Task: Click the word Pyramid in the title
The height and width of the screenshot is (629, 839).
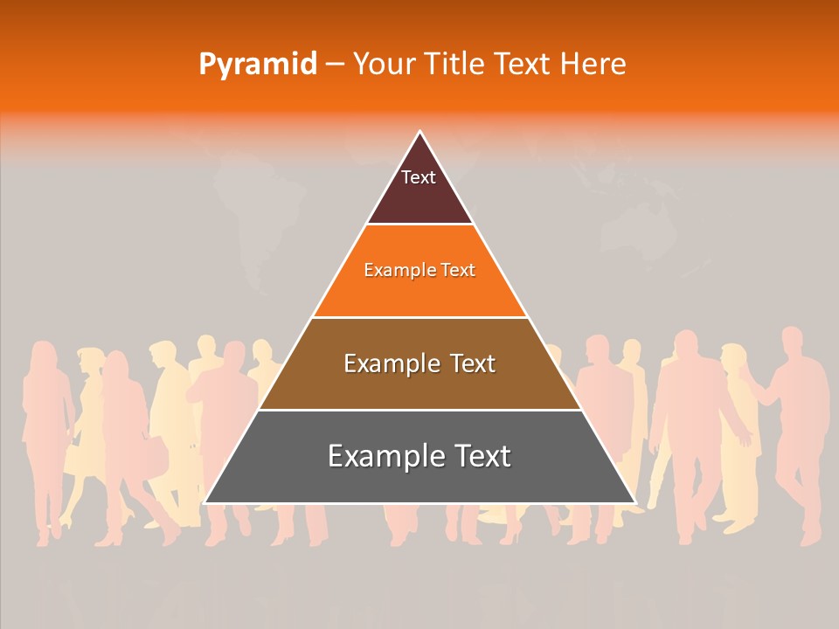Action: coord(257,65)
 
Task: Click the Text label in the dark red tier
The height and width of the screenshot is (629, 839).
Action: coord(419,177)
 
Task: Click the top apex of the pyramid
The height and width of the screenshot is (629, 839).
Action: coord(419,132)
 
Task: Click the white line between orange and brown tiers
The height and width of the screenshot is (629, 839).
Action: coord(419,317)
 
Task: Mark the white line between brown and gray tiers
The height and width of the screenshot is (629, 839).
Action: coord(419,410)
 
